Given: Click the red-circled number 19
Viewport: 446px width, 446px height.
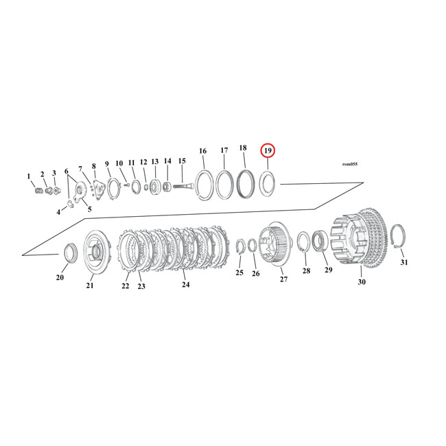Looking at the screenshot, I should [x=268, y=151].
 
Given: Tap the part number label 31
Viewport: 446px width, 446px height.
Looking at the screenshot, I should [x=403, y=262].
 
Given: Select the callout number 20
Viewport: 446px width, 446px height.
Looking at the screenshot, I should [x=60, y=277].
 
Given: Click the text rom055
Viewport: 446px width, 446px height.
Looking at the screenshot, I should [x=349, y=164].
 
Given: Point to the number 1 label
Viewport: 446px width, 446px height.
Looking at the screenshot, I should [x=29, y=176].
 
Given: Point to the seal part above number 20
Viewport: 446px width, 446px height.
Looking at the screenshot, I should [x=69, y=253].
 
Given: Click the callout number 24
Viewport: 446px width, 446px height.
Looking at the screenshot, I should [x=185, y=284].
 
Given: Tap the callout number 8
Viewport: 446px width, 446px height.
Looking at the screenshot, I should [x=94, y=167].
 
